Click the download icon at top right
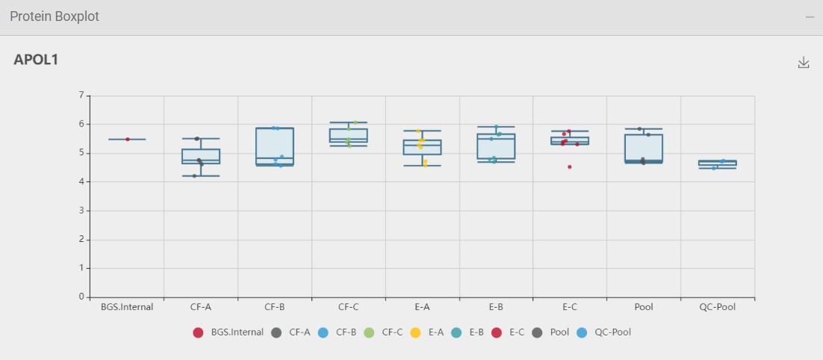coord(804,62)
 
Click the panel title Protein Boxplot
coord(55,16)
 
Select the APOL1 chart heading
coord(36,60)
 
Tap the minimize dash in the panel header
coord(810,17)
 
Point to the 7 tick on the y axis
coord(81,96)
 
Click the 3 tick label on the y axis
coord(81,211)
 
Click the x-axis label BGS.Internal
coord(127,307)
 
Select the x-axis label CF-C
coord(349,307)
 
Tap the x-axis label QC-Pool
coord(718,307)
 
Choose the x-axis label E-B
coord(497,307)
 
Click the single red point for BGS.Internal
coord(128,139)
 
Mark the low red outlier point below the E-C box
coord(570,167)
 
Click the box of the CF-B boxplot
coord(275,143)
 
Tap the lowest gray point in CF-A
coord(195,176)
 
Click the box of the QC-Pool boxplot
coord(718,163)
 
